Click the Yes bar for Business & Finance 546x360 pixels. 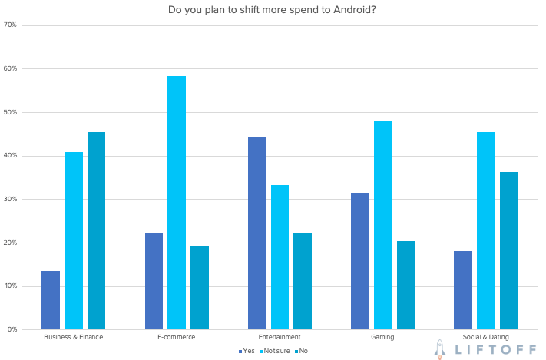coord(51,300)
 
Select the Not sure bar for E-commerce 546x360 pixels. coord(177,203)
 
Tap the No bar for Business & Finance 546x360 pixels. coord(96,230)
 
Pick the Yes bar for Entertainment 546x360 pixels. coord(256,233)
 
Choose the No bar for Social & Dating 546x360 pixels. coord(508,250)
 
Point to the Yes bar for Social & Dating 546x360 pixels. coord(462,290)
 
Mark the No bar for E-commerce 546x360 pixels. coord(200,287)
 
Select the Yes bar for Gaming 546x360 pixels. coord(359,261)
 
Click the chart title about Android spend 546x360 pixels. coord(272,10)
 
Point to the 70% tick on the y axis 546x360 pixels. coord(10,25)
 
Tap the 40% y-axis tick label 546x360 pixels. coord(10,156)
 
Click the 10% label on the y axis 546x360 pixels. coord(10,286)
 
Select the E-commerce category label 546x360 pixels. coord(176,337)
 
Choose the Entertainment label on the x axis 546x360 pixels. coord(280,337)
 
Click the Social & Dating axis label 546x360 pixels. coord(485,337)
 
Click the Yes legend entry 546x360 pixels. coord(247,351)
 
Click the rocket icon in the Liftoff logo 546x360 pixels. coord(440,348)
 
